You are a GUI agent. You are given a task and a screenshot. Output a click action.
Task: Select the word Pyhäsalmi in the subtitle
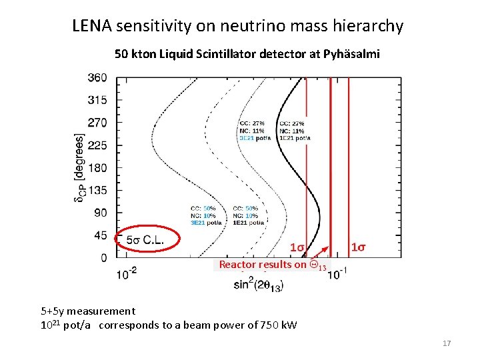coord(351,54)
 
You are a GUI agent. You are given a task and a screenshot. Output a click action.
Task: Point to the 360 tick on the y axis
coord(97,77)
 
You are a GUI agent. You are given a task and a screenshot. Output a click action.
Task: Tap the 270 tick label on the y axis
coord(97,123)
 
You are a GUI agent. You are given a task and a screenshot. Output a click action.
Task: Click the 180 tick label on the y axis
coord(97,167)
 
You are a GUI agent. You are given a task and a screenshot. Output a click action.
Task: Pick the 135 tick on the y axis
coord(97,190)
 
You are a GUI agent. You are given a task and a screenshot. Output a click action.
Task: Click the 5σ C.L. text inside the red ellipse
coord(147,239)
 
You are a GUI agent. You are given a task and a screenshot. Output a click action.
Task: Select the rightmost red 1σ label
coord(358,247)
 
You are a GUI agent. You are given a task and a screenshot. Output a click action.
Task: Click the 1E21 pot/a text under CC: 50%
coord(245,223)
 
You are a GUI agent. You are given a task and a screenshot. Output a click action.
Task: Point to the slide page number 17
coord(447,343)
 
